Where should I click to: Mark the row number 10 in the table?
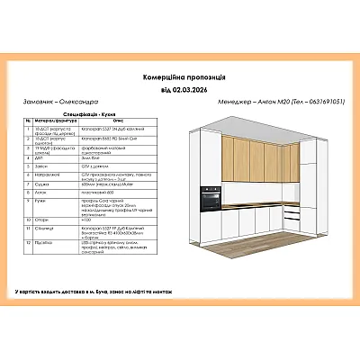(x=31, y=219)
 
